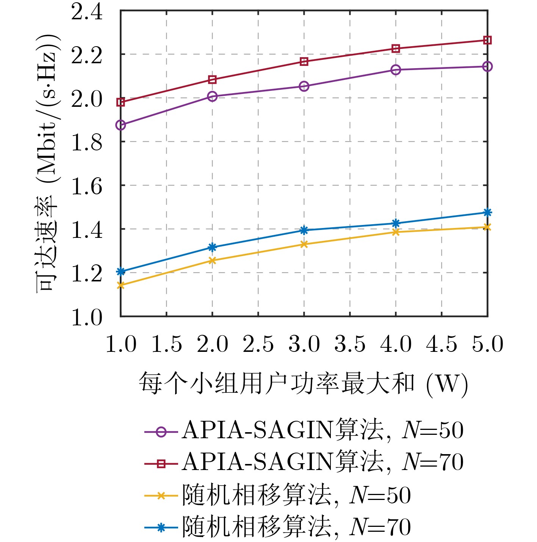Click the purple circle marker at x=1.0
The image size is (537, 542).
(121, 125)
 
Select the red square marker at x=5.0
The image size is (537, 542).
(487, 40)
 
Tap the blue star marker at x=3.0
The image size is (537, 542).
(304, 230)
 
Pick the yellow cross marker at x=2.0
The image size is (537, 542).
(212, 261)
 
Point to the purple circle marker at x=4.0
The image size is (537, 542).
(396, 70)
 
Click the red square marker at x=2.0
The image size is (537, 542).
(212, 80)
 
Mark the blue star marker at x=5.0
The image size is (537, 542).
(487, 212)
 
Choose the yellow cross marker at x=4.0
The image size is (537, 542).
(396, 232)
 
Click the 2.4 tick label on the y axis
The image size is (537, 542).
(87, 12)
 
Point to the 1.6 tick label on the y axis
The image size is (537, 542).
(87, 186)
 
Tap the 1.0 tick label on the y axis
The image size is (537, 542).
(87, 317)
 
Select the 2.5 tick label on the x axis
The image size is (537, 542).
(258, 344)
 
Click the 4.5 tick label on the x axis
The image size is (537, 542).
(441, 344)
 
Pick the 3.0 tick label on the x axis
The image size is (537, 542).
(304, 344)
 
